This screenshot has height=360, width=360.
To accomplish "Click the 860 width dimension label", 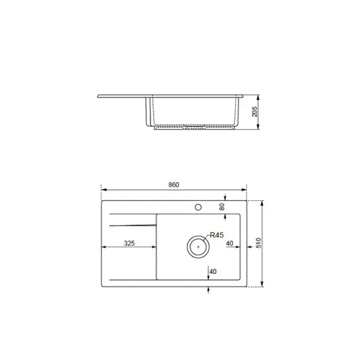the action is [173, 185].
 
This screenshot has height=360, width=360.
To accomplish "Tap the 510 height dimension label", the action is [259, 243].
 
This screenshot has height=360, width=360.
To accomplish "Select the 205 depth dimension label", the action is [255, 111].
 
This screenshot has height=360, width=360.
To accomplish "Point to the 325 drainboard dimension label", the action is [129, 243].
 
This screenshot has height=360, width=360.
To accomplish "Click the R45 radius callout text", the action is [217, 235].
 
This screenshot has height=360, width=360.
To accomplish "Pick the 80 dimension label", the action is [222, 207].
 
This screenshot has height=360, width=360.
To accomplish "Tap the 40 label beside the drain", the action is [230, 243].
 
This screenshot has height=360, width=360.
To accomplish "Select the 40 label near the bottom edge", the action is [213, 271].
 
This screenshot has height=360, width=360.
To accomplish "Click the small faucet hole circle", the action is [198, 208].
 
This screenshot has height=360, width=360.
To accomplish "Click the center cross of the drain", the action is [198, 246].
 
